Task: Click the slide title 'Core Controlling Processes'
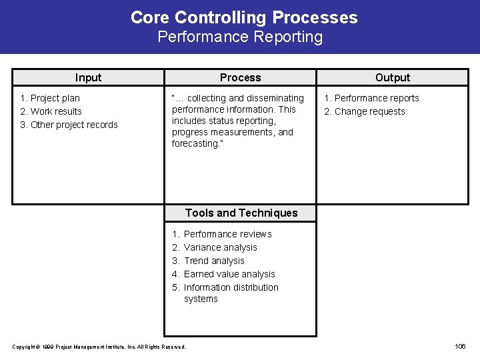(244, 17)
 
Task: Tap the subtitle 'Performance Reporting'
(240, 37)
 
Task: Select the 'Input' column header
(88, 77)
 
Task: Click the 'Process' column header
(240, 77)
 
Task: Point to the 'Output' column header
(393, 77)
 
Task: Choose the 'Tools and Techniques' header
(241, 213)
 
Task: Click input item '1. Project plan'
(50, 98)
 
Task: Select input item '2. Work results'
(51, 111)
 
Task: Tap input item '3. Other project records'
(69, 125)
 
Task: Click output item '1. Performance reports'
(371, 98)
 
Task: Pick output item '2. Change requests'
(365, 111)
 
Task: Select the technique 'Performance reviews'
(227, 234)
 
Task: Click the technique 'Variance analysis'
(220, 247)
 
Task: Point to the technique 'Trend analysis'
(214, 261)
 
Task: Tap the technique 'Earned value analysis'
(229, 274)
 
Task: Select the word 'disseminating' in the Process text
(275, 98)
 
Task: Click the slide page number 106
(460, 346)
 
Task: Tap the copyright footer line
(99, 347)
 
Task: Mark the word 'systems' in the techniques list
(201, 299)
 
